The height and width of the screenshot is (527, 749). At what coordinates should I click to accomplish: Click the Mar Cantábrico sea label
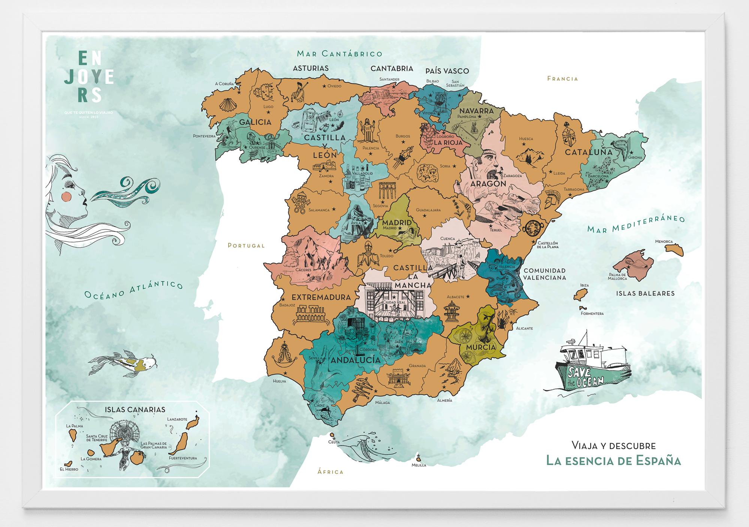coord(339,54)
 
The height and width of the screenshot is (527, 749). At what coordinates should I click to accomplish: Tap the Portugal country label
coord(246,246)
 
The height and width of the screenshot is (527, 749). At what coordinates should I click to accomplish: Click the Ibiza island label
coord(584,285)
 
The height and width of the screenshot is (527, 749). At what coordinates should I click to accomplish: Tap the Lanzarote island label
coord(177,419)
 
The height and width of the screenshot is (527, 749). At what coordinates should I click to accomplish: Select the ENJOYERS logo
coord(89,77)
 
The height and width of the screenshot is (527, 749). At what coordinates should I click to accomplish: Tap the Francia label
coord(562,79)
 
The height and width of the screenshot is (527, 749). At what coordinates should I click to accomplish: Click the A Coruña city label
coord(224,84)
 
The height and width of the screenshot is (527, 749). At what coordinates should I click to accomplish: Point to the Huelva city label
coord(280,381)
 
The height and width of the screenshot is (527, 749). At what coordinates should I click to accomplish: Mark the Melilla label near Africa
coord(419,465)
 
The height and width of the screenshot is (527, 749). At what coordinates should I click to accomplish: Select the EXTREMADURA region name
coord(321,297)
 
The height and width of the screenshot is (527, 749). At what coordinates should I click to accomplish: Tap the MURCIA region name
coord(481,347)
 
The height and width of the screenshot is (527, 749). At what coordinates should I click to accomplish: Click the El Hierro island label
coord(69,469)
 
